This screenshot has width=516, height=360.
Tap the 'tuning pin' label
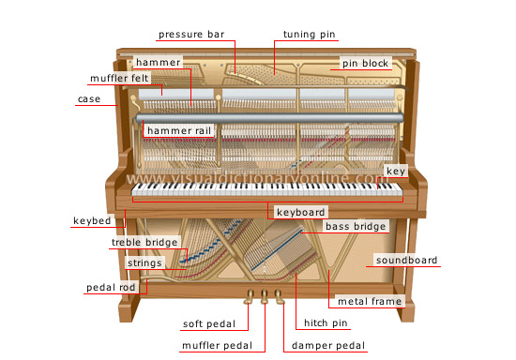click(309, 35)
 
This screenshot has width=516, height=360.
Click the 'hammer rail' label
click(176, 129)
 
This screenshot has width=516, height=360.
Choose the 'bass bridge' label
click(356, 226)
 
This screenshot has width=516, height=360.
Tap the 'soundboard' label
click(406, 260)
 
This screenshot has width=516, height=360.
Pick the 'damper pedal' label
click(326, 346)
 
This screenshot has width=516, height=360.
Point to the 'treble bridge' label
click(144, 243)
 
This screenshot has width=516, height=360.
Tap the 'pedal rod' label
click(113, 287)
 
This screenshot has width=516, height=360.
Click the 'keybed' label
click(93, 222)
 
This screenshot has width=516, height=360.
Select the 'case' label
click(89, 98)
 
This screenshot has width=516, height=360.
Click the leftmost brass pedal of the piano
click(250, 299)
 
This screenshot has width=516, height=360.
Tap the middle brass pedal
click(265, 299)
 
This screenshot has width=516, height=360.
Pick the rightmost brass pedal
click(279, 299)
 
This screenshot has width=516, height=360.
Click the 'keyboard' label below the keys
click(301, 213)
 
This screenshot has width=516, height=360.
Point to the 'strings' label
click(145, 263)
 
